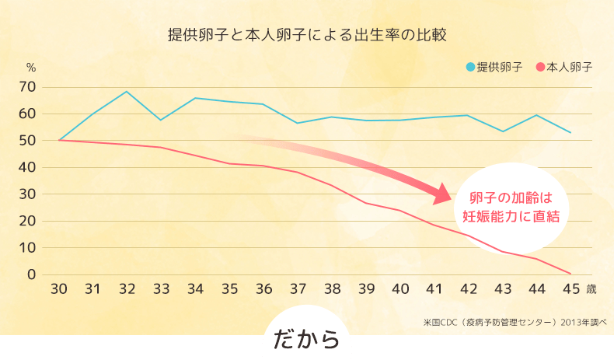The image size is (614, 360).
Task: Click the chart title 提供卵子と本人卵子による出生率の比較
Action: click(308, 36)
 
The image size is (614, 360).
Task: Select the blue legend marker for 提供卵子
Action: click(469, 67)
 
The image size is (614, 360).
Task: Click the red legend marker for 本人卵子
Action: click(540, 67)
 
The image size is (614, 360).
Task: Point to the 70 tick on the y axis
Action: click(27, 87)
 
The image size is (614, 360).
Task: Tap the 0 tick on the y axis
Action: click(32, 274)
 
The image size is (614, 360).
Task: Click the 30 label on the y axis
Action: click(27, 194)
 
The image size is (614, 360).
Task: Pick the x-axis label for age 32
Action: click(127, 289)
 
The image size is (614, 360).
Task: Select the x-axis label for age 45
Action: click(571, 289)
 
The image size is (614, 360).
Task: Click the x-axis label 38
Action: click(332, 289)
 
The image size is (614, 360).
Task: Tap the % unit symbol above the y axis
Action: click(31, 68)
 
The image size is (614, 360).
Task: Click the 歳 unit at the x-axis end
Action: click(591, 289)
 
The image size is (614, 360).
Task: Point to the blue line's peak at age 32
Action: click(127, 92)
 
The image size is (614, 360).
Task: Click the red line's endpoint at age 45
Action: click(571, 274)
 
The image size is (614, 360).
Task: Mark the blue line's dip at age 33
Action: click(161, 120)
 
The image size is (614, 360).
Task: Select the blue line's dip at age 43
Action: click(503, 131)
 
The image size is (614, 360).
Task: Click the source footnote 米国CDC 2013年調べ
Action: click(515, 320)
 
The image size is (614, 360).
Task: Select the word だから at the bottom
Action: click(306, 340)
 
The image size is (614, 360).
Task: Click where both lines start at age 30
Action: click(59, 140)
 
